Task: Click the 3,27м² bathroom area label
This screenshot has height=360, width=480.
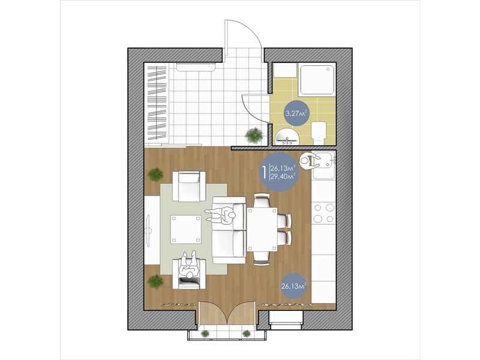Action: (296, 113)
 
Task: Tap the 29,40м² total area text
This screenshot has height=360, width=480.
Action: (282, 176)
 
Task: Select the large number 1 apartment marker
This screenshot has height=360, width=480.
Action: (263, 172)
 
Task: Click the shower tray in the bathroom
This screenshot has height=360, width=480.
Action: (317, 79)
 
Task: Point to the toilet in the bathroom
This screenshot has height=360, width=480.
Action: (319, 132)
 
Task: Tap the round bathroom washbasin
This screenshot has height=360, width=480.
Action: (287, 137)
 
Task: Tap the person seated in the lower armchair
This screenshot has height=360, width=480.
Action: (189, 265)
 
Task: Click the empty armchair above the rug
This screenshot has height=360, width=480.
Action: (189, 186)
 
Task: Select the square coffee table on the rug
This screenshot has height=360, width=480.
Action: (186, 229)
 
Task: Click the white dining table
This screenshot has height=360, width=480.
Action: (262, 229)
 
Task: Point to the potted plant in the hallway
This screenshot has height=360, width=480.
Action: (254, 134)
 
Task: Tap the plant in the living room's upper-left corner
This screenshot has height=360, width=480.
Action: (155, 175)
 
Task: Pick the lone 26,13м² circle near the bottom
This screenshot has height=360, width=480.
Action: (294, 287)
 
